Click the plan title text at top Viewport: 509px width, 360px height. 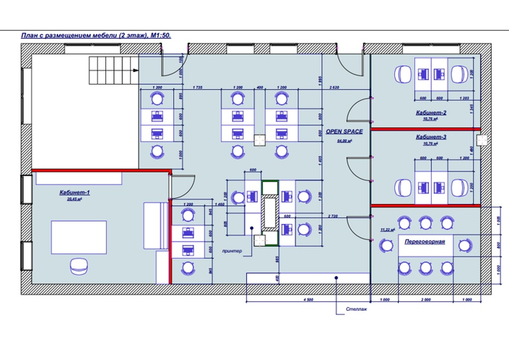96,36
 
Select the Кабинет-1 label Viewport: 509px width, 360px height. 74,192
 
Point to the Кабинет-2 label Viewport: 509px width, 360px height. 431,113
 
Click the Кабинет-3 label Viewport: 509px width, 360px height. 431,137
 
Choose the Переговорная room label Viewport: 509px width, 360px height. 425,241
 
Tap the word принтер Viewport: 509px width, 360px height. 232,250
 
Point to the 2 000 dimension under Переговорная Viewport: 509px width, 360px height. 425,300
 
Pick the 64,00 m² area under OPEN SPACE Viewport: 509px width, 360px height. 344,140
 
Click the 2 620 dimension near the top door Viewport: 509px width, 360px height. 333,89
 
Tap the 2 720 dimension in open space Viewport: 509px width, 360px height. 332,215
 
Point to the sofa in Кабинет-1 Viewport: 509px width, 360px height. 156,225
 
